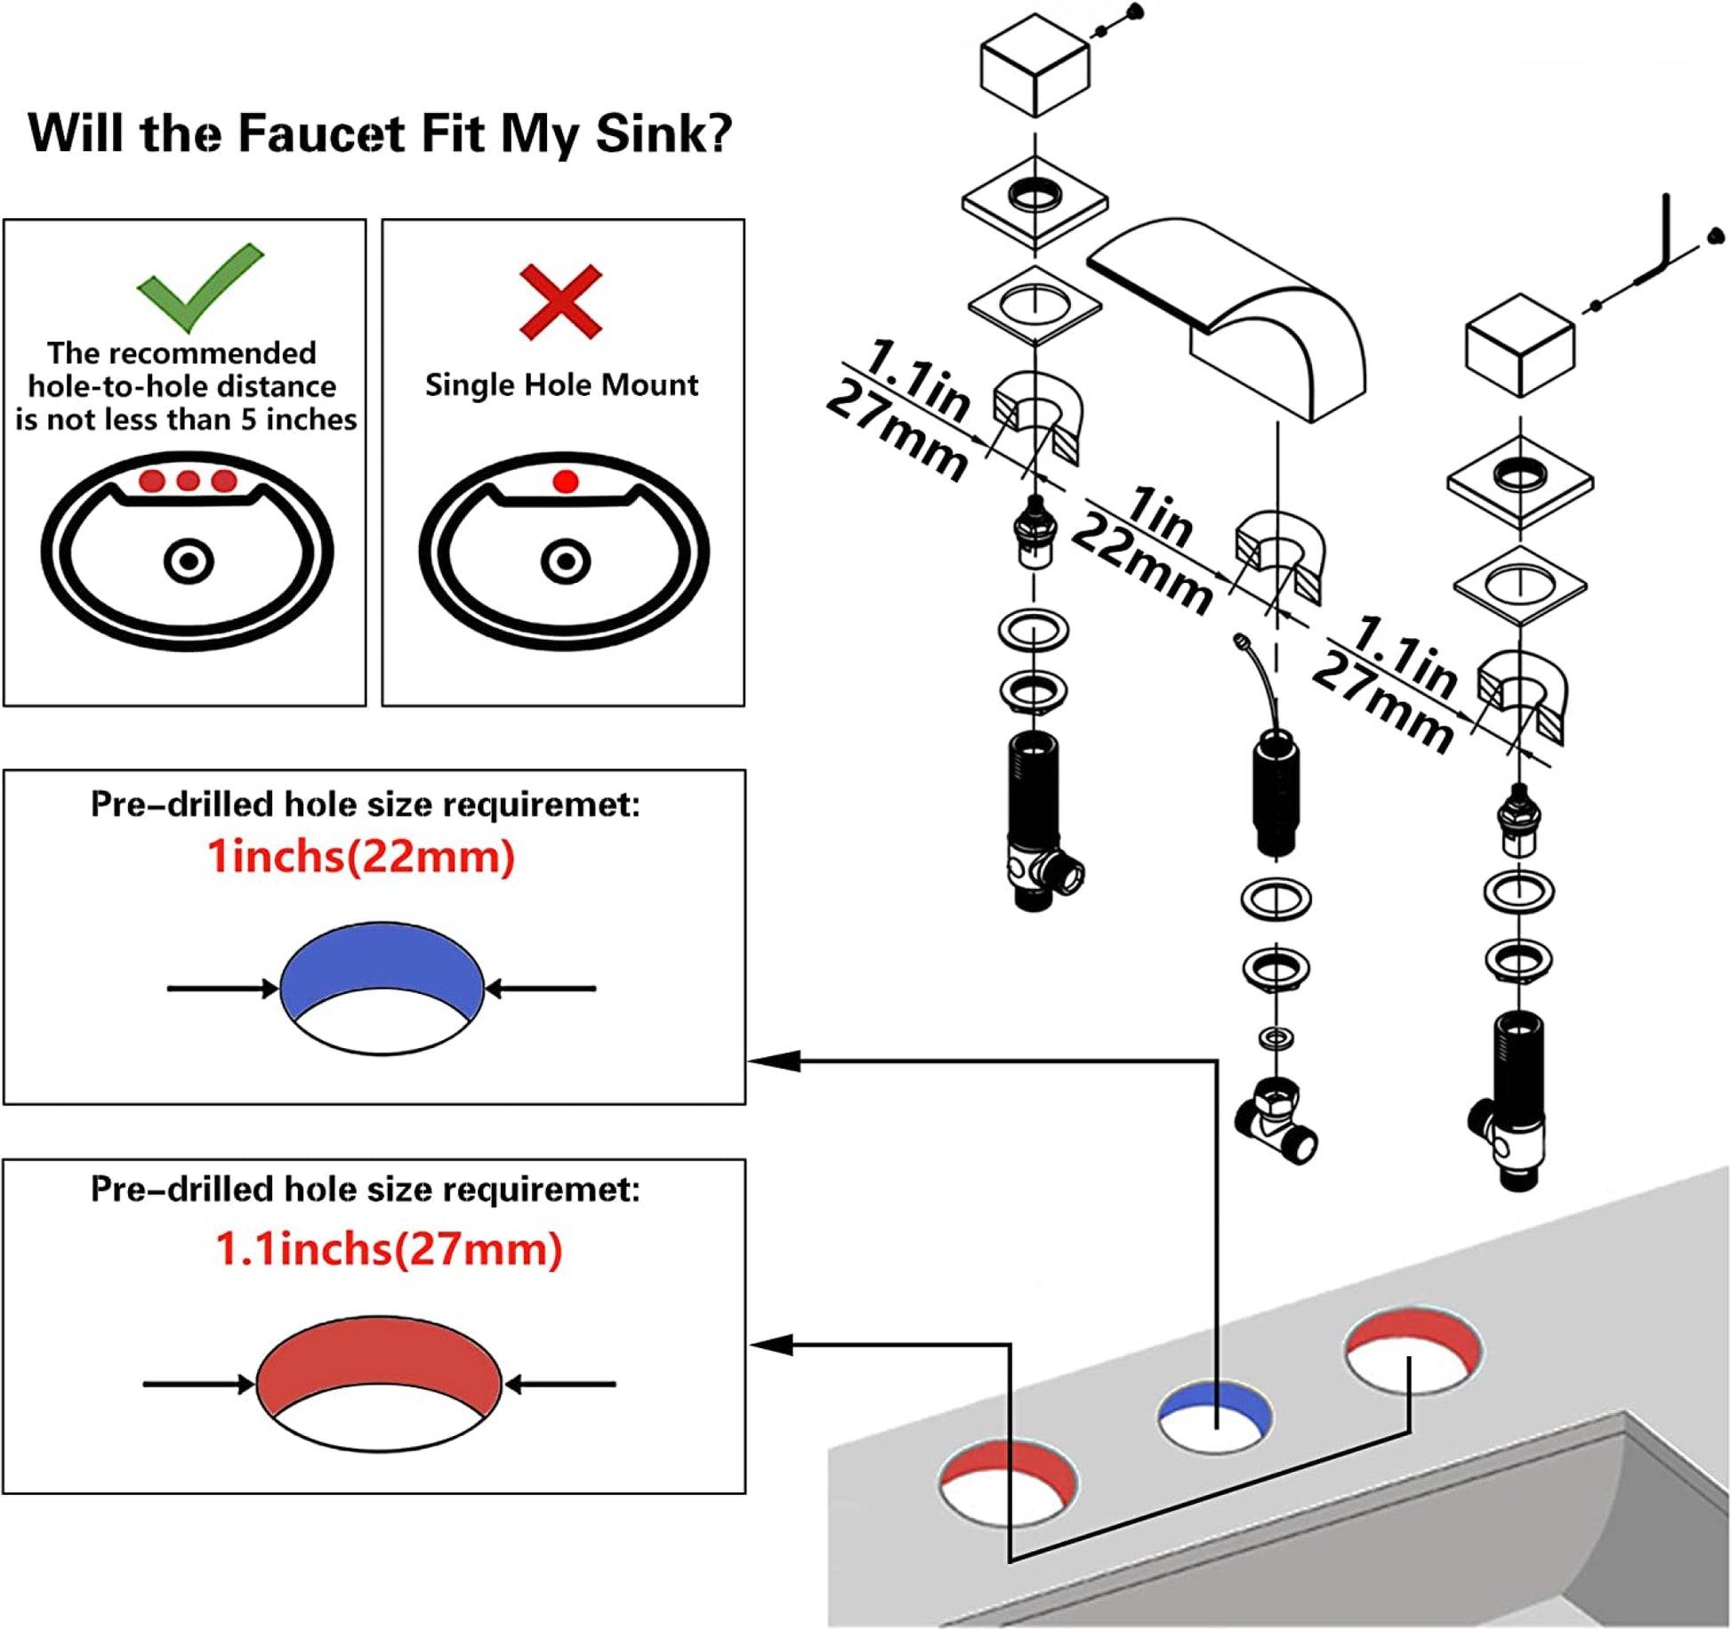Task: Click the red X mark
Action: (x=561, y=302)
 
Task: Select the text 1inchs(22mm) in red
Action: (x=360, y=857)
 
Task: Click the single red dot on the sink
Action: (x=566, y=482)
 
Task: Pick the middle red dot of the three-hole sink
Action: (x=188, y=481)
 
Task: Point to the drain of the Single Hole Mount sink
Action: (x=566, y=562)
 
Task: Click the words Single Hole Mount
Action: (x=561, y=384)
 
